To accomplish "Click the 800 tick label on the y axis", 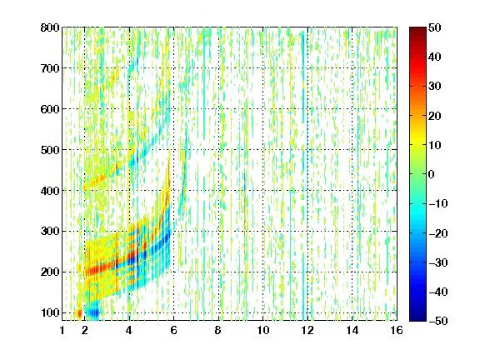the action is click(x=50, y=27).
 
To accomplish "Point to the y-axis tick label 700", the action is click(x=50, y=68).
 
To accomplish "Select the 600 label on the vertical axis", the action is click(x=50, y=109).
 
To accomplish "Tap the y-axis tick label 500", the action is click(x=50, y=150).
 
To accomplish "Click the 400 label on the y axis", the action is click(x=50, y=191).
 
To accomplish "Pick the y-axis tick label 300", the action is click(x=50, y=232).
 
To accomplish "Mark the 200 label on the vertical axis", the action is click(x=50, y=272).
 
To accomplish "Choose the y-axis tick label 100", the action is click(x=50, y=312).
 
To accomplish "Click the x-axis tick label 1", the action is click(x=62, y=330).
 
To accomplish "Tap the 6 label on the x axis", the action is click(x=174, y=330).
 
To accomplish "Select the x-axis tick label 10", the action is click(x=263, y=330).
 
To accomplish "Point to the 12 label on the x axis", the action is click(x=307, y=330).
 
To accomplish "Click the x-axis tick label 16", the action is click(x=397, y=330).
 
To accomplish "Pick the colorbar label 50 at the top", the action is click(x=434, y=27).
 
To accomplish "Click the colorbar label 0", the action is click(x=432, y=174).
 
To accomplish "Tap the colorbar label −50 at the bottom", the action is click(x=438, y=321).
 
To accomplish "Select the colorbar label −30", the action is click(x=438, y=262).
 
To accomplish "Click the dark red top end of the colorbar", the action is click(x=417, y=30).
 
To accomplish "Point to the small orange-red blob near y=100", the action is click(x=79, y=313).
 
